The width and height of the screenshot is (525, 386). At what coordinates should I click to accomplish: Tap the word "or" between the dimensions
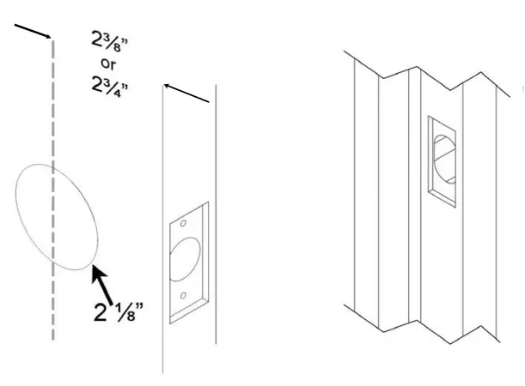[110, 63]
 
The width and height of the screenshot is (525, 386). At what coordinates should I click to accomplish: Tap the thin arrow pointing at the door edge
[186, 93]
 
